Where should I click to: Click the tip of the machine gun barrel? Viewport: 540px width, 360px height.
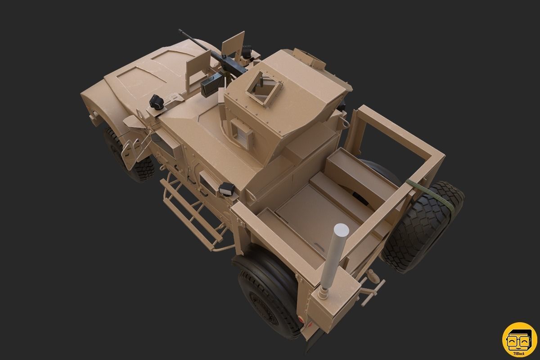click(180, 31)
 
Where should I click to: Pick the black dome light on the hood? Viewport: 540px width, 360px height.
click(156, 102)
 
